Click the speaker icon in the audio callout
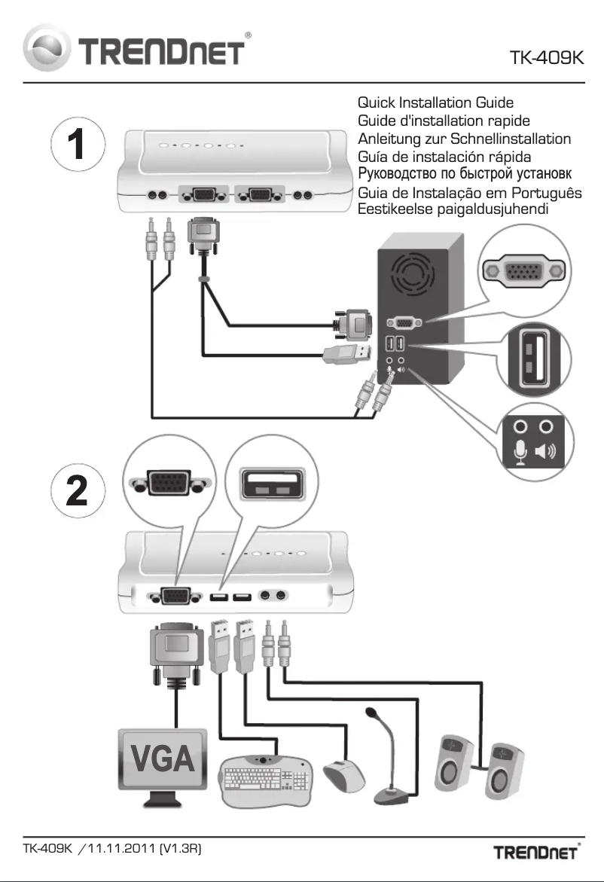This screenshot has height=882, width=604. pyautogui.click(x=545, y=451)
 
